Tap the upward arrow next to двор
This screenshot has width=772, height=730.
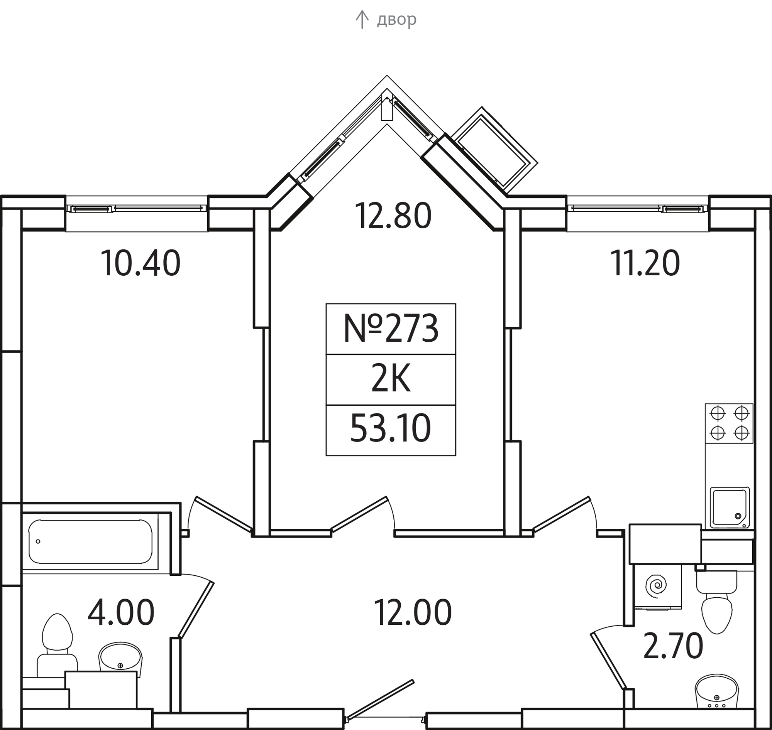(362, 19)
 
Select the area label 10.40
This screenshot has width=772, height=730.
(141, 263)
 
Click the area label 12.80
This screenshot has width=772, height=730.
(393, 216)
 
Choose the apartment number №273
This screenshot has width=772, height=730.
(391, 329)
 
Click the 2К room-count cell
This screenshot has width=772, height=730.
(391, 379)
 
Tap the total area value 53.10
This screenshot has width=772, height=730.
(391, 429)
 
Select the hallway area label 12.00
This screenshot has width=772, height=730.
(413, 613)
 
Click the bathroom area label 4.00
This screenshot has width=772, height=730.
(121, 613)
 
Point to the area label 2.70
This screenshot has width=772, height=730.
(673, 646)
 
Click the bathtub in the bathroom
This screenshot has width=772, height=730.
(90, 542)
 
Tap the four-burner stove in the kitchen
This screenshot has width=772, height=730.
(729, 423)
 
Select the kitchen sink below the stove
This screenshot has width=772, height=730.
(730, 507)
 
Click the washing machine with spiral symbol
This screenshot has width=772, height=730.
(658, 587)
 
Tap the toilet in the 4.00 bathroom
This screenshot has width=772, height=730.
(57, 646)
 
